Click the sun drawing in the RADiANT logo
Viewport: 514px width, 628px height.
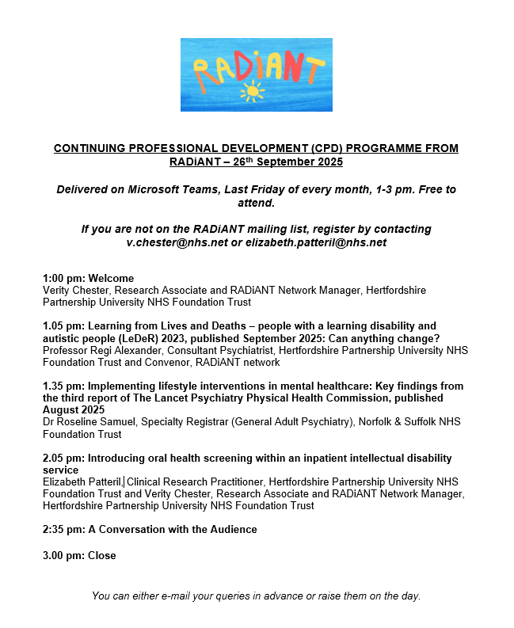click(x=253, y=92)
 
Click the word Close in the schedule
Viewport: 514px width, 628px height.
click(x=102, y=555)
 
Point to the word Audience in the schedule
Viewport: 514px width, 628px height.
click(x=233, y=529)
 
